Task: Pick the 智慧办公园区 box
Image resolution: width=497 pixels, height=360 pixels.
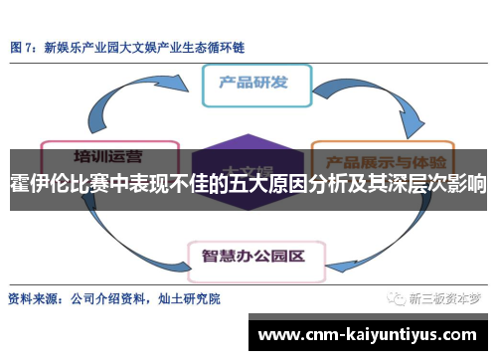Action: tap(252, 227)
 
